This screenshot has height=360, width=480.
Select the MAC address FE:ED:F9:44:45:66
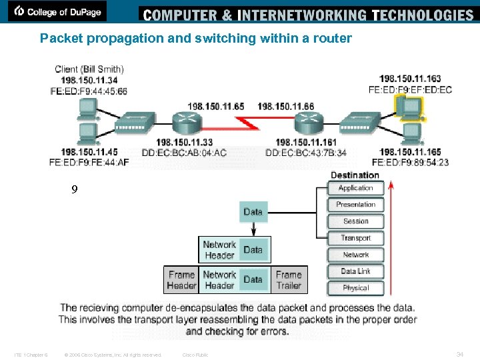89,91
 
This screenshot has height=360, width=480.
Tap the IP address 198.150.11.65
215,106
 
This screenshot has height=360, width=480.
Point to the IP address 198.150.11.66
285,106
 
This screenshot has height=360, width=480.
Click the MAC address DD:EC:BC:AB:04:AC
184,153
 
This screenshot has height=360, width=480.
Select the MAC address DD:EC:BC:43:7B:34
306,153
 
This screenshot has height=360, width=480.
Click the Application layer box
355,189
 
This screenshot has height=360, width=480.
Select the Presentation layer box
355,205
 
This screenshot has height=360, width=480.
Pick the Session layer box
355,221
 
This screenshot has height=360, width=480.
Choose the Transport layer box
355,238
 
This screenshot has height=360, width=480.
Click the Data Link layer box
355,271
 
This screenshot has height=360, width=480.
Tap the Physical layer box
355,288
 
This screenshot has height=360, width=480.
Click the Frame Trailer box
288,279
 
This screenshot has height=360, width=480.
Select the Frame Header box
181,279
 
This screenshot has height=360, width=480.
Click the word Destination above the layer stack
355,175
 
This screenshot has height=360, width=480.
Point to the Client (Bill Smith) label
89,69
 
